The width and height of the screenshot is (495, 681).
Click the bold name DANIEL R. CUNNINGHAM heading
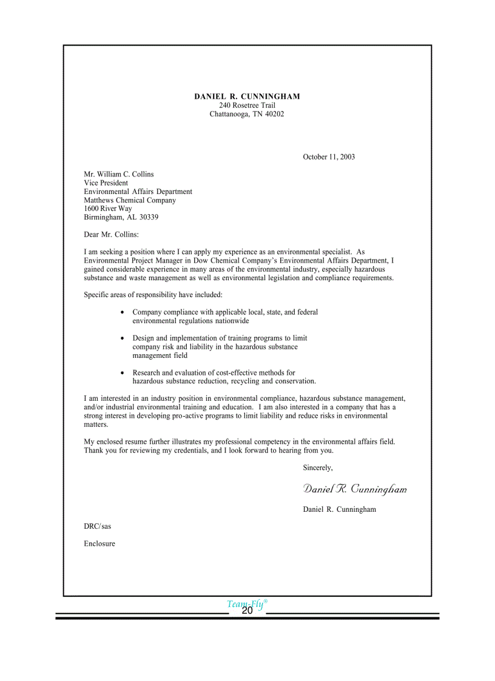(247, 96)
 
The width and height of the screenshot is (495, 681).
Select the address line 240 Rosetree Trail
(247, 106)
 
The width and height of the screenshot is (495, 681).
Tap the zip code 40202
(273, 114)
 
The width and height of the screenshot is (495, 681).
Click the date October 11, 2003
(329, 157)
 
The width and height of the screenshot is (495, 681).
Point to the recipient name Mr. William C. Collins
(119, 175)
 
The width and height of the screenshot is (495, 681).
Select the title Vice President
(106, 183)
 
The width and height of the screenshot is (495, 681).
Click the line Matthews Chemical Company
(130, 200)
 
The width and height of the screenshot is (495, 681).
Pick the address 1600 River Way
(108, 209)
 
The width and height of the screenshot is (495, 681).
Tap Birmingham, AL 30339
(121, 217)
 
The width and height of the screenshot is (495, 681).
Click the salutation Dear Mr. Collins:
(112, 234)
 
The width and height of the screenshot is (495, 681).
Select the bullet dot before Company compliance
(123, 313)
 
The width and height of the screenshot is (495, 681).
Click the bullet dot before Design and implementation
(123, 339)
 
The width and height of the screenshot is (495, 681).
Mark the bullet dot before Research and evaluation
(123, 374)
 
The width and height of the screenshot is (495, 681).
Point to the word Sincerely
(318, 468)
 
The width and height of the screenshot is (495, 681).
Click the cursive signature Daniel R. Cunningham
(355, 489)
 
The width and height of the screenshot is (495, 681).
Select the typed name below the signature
(339, 509)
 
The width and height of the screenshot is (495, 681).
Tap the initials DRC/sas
(98, 526)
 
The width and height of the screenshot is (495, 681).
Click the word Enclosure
(99, 544)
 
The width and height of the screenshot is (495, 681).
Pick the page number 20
(247, 611)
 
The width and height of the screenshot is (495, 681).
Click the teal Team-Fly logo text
(246, 603)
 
